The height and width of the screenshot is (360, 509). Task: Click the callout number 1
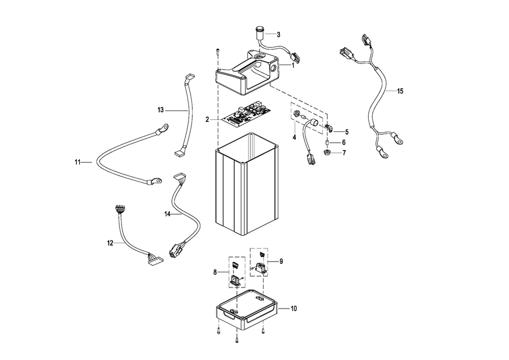click(x=293, y=65)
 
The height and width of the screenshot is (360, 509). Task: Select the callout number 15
click(x=400, y=91)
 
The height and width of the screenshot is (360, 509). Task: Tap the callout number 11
click(x=77, y=162)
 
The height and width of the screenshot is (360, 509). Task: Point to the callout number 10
click(x=294, y=308)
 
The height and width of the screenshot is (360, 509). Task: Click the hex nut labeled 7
click(x=327, y=152)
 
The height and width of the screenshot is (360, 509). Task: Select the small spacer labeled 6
click(x=327, y=142)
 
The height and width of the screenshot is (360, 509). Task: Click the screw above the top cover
click(x=217, y=52)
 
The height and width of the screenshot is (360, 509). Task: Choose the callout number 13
click(x=161, y=110)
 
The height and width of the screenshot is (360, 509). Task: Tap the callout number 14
click(x=167, y=214)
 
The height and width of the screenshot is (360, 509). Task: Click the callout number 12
click(x=110, y=243)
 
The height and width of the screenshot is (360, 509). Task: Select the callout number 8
click(x=215, y=272)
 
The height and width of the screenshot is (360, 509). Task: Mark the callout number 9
click(x=281, y=262)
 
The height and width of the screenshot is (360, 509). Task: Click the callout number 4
click(x=294, y=138)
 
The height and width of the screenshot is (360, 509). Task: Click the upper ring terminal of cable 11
click(x=162, y=128)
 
